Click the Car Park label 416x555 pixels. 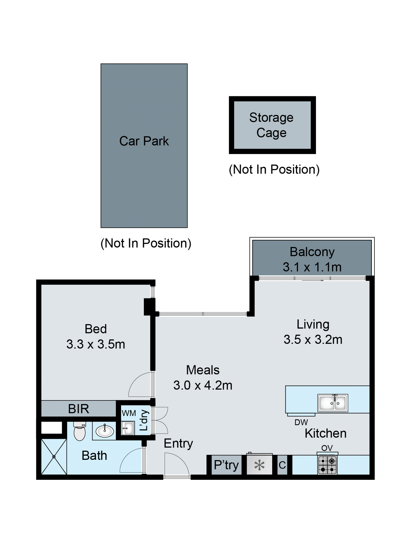coord(144,141)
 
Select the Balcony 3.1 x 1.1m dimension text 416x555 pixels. coord(312,267)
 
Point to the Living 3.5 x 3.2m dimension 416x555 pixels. coord(313,339)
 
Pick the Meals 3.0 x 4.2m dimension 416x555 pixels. coord(203,385)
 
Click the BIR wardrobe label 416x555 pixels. coord(78,409)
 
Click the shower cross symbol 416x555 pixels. coord(54,457)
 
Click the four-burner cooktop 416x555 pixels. coord(327,465)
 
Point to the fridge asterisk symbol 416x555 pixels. coord(259,465)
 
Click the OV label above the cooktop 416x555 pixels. coord(327,448)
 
